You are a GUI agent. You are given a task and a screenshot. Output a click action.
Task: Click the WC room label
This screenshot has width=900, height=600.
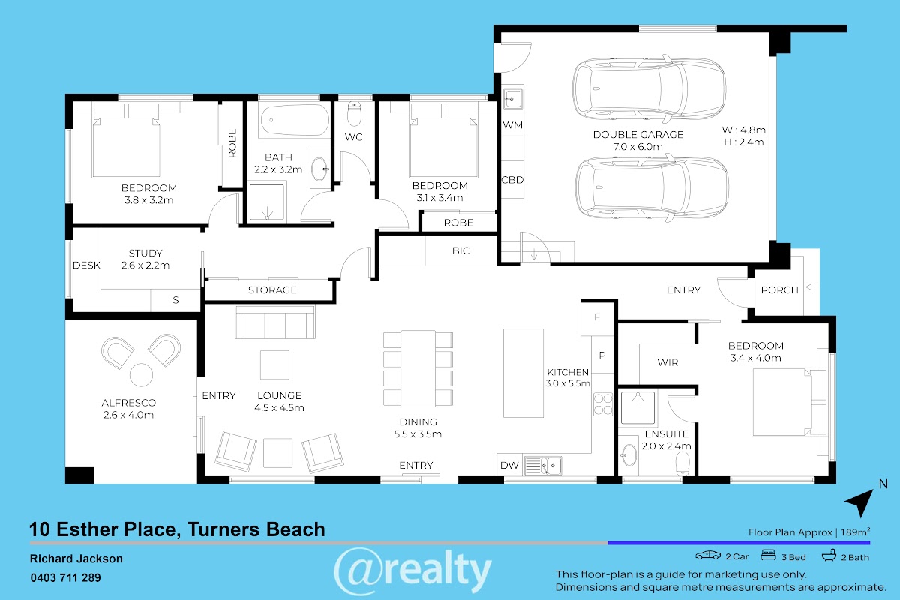353,137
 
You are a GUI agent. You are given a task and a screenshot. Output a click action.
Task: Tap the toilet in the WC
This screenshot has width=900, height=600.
354,114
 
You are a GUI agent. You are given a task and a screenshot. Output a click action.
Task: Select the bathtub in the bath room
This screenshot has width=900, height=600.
295,120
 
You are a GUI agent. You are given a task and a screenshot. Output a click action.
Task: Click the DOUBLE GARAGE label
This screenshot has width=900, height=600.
638,135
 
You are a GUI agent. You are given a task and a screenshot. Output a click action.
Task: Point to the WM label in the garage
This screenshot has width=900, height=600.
513,125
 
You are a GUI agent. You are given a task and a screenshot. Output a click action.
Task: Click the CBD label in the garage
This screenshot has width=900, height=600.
513,180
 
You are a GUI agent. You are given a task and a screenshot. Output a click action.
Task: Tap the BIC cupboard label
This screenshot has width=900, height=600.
460,250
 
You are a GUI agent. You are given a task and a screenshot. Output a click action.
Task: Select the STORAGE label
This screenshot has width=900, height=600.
272,289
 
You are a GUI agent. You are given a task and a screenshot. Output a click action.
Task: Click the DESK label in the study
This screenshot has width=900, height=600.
86,265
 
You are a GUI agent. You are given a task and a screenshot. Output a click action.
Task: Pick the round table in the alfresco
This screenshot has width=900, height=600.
142,374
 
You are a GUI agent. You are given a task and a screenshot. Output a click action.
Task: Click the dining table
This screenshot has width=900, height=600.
418,368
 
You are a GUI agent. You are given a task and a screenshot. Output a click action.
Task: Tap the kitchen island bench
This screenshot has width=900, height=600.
523,373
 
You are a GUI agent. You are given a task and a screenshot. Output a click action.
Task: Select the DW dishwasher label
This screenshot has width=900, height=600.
509,465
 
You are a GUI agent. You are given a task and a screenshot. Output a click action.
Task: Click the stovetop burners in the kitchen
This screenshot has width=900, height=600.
603,404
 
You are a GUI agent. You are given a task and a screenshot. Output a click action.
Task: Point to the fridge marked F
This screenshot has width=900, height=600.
597,317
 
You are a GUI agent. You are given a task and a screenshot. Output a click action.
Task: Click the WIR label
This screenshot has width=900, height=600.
667,362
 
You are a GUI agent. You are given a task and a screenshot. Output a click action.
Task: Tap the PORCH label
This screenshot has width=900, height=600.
779,289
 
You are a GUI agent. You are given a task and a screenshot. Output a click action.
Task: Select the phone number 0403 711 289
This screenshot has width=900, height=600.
65,578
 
